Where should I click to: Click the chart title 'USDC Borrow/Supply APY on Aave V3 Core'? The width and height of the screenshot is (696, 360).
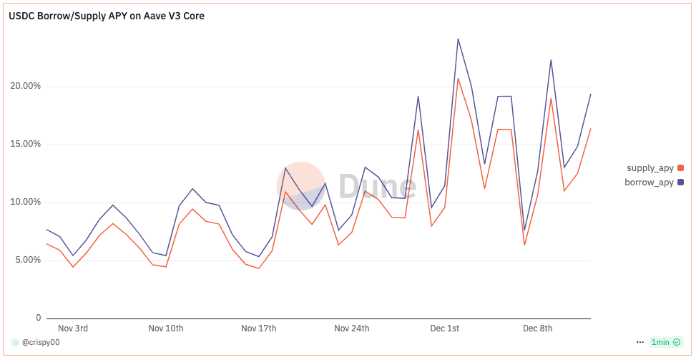[x=107, y=16]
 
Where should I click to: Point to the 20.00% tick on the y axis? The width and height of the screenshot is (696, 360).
[x=25, y=86]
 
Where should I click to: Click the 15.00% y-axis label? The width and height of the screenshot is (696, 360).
[x=25, y=144]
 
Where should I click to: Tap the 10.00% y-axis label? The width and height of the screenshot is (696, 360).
[x=25, y=202]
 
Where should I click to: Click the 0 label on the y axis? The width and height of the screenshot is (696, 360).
[x=39, y=318]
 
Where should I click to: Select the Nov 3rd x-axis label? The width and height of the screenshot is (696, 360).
[x=73, y=329]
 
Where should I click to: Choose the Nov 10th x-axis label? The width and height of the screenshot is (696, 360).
[x=166, y=329]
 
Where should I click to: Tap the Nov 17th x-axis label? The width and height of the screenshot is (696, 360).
[x=259, y=329]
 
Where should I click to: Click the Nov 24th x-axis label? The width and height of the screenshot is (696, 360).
[x=352, y=329]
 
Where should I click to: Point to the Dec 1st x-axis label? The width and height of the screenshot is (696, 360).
[x=444, y=329]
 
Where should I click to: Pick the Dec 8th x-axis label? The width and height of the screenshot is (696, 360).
[x=538, y=329]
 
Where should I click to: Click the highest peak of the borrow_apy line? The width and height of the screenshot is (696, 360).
[x=458, y=39]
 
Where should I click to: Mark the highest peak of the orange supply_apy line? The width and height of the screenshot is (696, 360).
[x=458, y=79]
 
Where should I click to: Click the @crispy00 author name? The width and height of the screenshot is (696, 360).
[x=41, y=342]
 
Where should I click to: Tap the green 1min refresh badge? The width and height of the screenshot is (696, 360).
[x=665, y=342]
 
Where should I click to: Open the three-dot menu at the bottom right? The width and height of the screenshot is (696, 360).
[x=640, y=342]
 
